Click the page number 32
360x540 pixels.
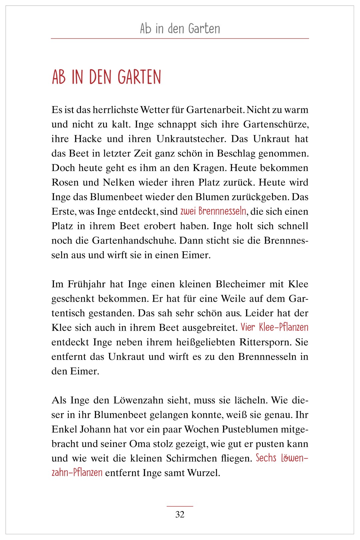point(180,514)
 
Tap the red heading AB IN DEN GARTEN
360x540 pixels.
point(106,77)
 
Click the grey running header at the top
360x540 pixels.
point(180,29)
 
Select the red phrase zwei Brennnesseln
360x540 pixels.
point(213,211)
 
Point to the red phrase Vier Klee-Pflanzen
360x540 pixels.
point(274,327)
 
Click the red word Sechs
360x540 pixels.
point(266,458)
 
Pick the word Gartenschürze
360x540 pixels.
point(276,124)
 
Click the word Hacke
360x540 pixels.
point(88,139)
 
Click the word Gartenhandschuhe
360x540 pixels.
point(134,241)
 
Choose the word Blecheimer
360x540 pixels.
point(240,284)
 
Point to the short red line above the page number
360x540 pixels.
point(180,506)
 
